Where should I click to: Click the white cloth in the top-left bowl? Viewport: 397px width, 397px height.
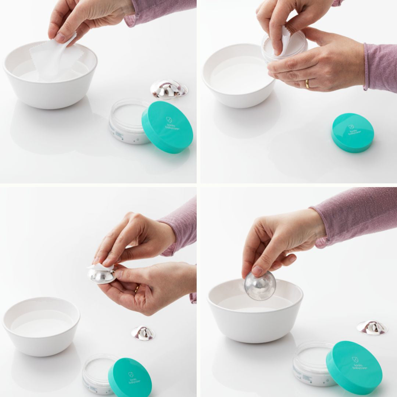click(55, 62)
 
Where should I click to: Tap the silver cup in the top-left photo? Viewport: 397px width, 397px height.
click(169, 89)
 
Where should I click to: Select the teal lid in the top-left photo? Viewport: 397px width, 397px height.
click(167, 127)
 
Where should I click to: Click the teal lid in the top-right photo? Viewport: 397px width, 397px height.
click(353, 133)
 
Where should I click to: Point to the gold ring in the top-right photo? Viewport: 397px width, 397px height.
click(307, 84)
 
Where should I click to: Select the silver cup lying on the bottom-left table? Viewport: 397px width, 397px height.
click(143, 333)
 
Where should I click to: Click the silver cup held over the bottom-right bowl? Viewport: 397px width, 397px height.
click(260, 286)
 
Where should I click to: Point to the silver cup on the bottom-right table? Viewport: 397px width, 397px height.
click(372, 328)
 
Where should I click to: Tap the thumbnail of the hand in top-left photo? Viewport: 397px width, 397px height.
click(60, 37)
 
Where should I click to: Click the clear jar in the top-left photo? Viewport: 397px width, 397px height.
click(127, 121)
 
